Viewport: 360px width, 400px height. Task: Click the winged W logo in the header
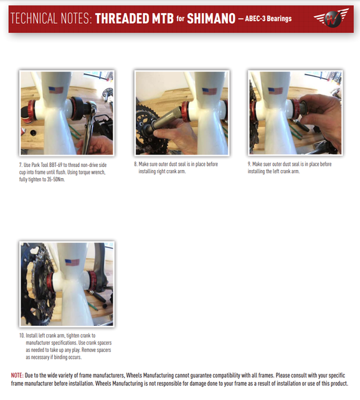pos(331,18)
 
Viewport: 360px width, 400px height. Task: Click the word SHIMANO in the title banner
pos(211,19)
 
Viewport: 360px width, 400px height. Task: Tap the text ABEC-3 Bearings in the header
pos(268,19)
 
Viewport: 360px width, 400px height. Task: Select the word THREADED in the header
pos(122,19)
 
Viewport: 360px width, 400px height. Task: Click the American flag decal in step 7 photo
pos(56,90)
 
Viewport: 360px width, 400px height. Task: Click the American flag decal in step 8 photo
pos(209,92)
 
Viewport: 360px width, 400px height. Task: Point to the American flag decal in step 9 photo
pos(275,90)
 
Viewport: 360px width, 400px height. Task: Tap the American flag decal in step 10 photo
pos(72,262)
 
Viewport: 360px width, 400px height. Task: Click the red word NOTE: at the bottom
pos(17,375)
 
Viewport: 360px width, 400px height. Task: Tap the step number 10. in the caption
pos(22,335)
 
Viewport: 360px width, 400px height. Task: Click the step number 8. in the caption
pos(136,164)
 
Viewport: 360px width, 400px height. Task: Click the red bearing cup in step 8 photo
pos(186,111)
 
